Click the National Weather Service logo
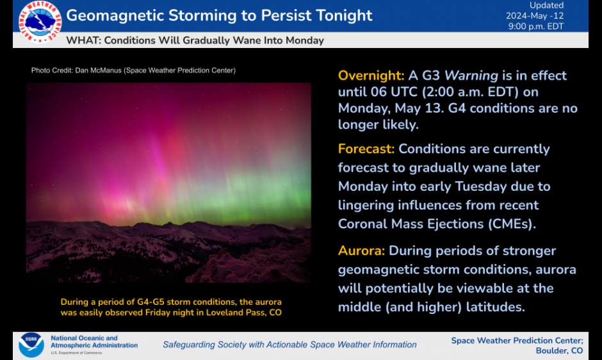pyautogui.click(x=40, y=22)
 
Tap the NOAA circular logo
pyautogui.click(x=31, y=345)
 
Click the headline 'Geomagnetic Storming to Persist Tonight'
pyautogui.click(x=219, y=16)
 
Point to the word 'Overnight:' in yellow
pyautogui.click(x=371, y=76)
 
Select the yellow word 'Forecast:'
pyautogui.click(x=366, y=149)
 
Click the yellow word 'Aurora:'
pyautogui.click(x=361, y=250)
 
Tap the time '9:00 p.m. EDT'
pyautogui.click(x=536, y=26)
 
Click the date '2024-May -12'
pyautogui.click(x=535, y=16)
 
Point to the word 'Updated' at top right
pyautogui.click(x=547, y=5)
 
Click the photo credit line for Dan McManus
pyautogui.click(x=133, y=70)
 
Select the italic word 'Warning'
pyautogui.click(x=471, y=76)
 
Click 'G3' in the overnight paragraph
pyautogui.click(x=431, y=76)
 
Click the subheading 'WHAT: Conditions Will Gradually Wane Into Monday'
pyautogui.click(x=195, y=40)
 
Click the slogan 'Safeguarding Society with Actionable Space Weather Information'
pyautogui.click(x=290, y=345)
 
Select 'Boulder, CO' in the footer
pyautogui.click(x=559, y=351)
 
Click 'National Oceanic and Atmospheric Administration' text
pyautogui.click(x=94, y=341)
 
